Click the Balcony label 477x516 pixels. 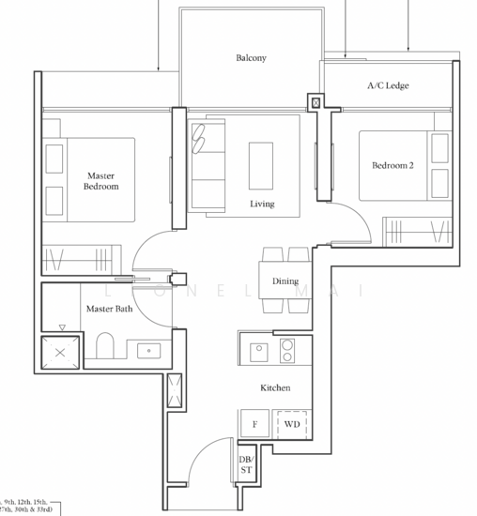[x=251, y=58]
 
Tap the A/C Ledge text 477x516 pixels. [x=387, y=86]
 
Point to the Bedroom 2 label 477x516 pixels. [x=392, y=166]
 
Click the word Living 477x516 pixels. [x=262, y=204]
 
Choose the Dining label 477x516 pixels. [x=285, y=281]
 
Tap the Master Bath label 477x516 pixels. [x=110, y=309]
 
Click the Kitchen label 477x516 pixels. [x=275, y=387]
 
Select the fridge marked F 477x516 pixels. [x=254, y=424]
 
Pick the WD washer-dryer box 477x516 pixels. [x=292, y=424]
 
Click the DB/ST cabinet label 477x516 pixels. [x=246, y=465]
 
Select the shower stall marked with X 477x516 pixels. [x=60, y=353]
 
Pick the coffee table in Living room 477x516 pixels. [x=262, y=164]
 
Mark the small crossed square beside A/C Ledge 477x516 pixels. [x=315, y=102]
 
